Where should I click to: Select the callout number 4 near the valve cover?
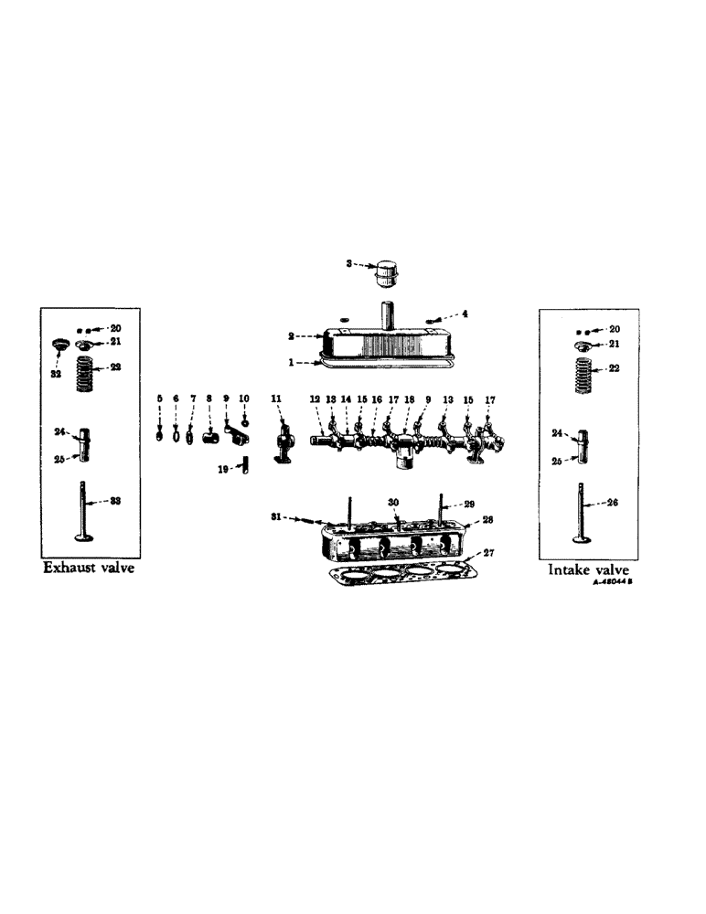coord(464,314)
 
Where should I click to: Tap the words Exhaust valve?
coord(90,568)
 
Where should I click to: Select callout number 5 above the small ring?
coord(159,399)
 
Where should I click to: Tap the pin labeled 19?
coord(246,468)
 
